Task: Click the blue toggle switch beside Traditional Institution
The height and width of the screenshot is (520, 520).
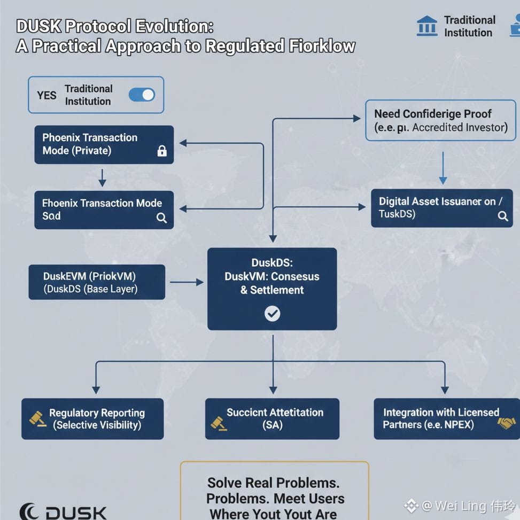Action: click(x=142, y=95)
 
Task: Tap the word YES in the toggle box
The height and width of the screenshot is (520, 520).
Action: click(x=46, y=96)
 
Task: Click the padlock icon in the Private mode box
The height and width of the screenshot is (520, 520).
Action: click(x=162, y=151)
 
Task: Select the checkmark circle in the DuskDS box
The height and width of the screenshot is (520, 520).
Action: click(x=272, y=313)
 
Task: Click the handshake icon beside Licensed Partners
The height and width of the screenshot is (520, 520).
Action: click(x=506, y=423)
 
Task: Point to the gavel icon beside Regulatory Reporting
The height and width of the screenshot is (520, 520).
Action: click(x=37, y=419)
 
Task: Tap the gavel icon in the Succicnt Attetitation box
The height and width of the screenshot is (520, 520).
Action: click(x=219, y=423)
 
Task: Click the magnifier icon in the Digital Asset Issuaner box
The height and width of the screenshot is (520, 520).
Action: click(x=502, y=216)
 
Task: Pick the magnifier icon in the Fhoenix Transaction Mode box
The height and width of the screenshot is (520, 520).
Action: click(x=161, y=218)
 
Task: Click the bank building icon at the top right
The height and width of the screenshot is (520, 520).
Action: click(x=426, y=26)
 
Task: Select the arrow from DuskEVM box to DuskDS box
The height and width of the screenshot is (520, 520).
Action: click(x=186, y=282)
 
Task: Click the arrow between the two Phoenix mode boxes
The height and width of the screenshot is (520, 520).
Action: click(x=102, y=177)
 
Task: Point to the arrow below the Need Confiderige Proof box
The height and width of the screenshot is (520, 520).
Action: click(x=443, y=168)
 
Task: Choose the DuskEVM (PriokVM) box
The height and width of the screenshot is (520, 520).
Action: click(x=97, y=282)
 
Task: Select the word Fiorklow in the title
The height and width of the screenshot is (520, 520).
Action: click(x=322, y=46)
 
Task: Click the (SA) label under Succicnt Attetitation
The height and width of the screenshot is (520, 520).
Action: click(x=272, y=426)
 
